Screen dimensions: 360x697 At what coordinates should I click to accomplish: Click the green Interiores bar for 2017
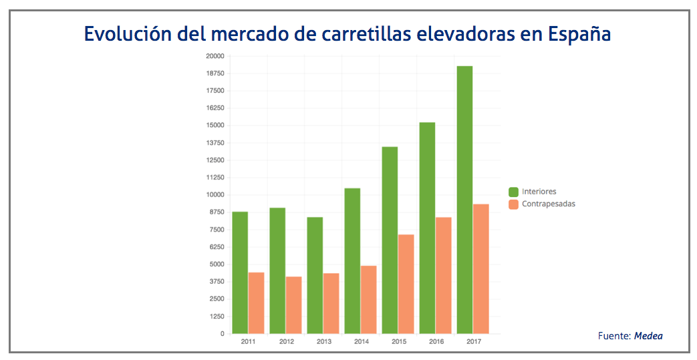tap(464, 200)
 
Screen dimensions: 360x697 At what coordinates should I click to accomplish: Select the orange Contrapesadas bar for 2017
tap(481, 268)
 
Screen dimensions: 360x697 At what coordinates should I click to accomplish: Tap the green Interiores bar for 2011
tap(240, 273)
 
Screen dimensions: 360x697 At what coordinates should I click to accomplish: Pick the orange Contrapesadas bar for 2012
tap(294, 305)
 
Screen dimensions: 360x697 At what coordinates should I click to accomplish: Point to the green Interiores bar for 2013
tap(315, 275)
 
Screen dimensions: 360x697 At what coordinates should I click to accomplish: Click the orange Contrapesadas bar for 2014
tap(369, 299)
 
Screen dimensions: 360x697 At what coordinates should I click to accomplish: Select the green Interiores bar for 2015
tap(390, 240)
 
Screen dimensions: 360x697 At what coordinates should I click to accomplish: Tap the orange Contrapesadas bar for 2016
tap(444, 275)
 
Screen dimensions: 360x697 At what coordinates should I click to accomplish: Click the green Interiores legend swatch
tap(513, 192)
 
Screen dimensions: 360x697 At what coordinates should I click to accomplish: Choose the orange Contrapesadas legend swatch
tap(513, 204)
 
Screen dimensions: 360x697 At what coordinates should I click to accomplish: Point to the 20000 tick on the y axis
tap(215, 56)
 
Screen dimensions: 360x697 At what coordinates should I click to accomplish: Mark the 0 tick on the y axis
tap(222, 334)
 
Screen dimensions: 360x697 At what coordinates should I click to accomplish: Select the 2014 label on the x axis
tap(361, 342)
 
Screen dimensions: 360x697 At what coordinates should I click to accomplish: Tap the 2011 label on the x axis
tap(248, 342)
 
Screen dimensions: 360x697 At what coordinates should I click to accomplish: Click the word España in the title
tap(578, 33)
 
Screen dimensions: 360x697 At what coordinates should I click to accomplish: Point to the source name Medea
tap(648, 336)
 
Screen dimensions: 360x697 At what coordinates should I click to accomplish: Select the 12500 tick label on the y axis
tap(215, 160)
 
